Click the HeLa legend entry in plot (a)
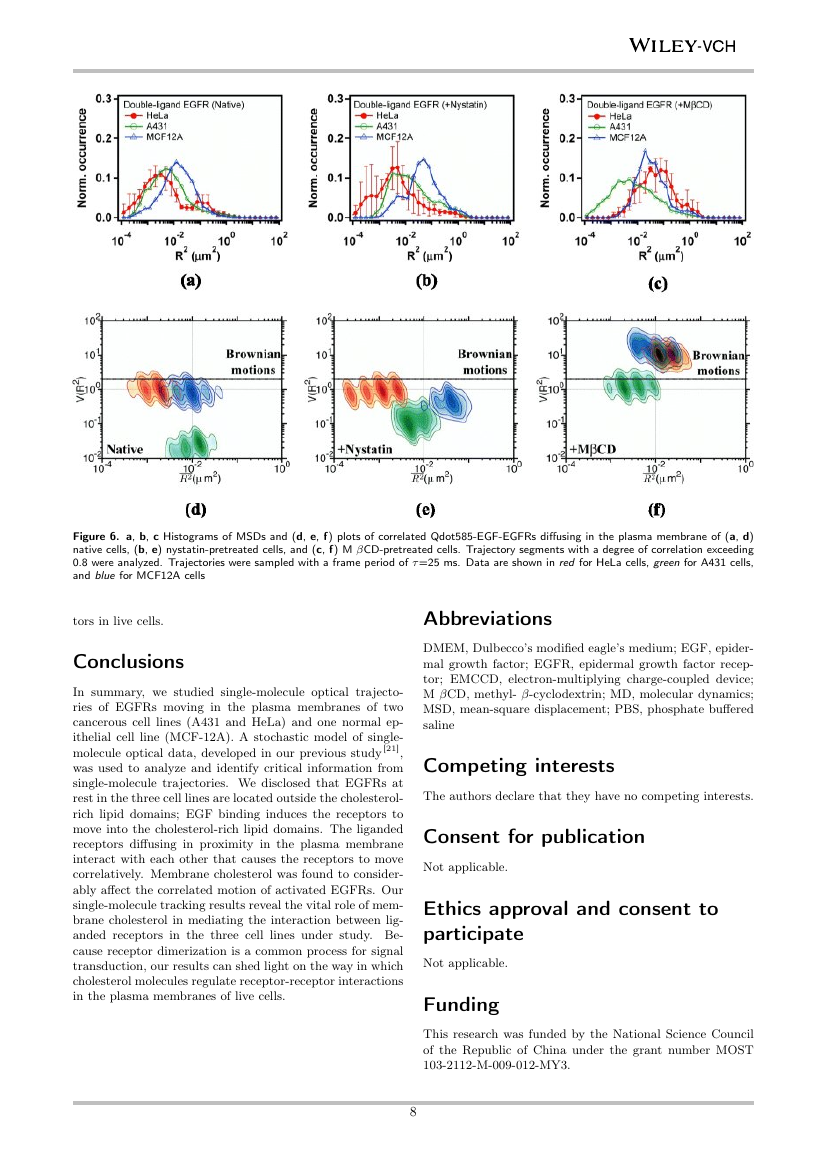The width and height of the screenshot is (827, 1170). point(150,115)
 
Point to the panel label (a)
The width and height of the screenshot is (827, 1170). point(190,282)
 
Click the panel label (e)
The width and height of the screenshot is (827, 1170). point(425,510)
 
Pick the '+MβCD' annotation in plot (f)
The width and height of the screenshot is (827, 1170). point(594,449)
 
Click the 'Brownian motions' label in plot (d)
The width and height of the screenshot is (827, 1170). point(254,361)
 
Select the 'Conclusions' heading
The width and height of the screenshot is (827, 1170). point(128,662)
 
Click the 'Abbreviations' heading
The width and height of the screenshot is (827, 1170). point(487,618)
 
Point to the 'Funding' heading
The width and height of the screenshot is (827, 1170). point(459,1003)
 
